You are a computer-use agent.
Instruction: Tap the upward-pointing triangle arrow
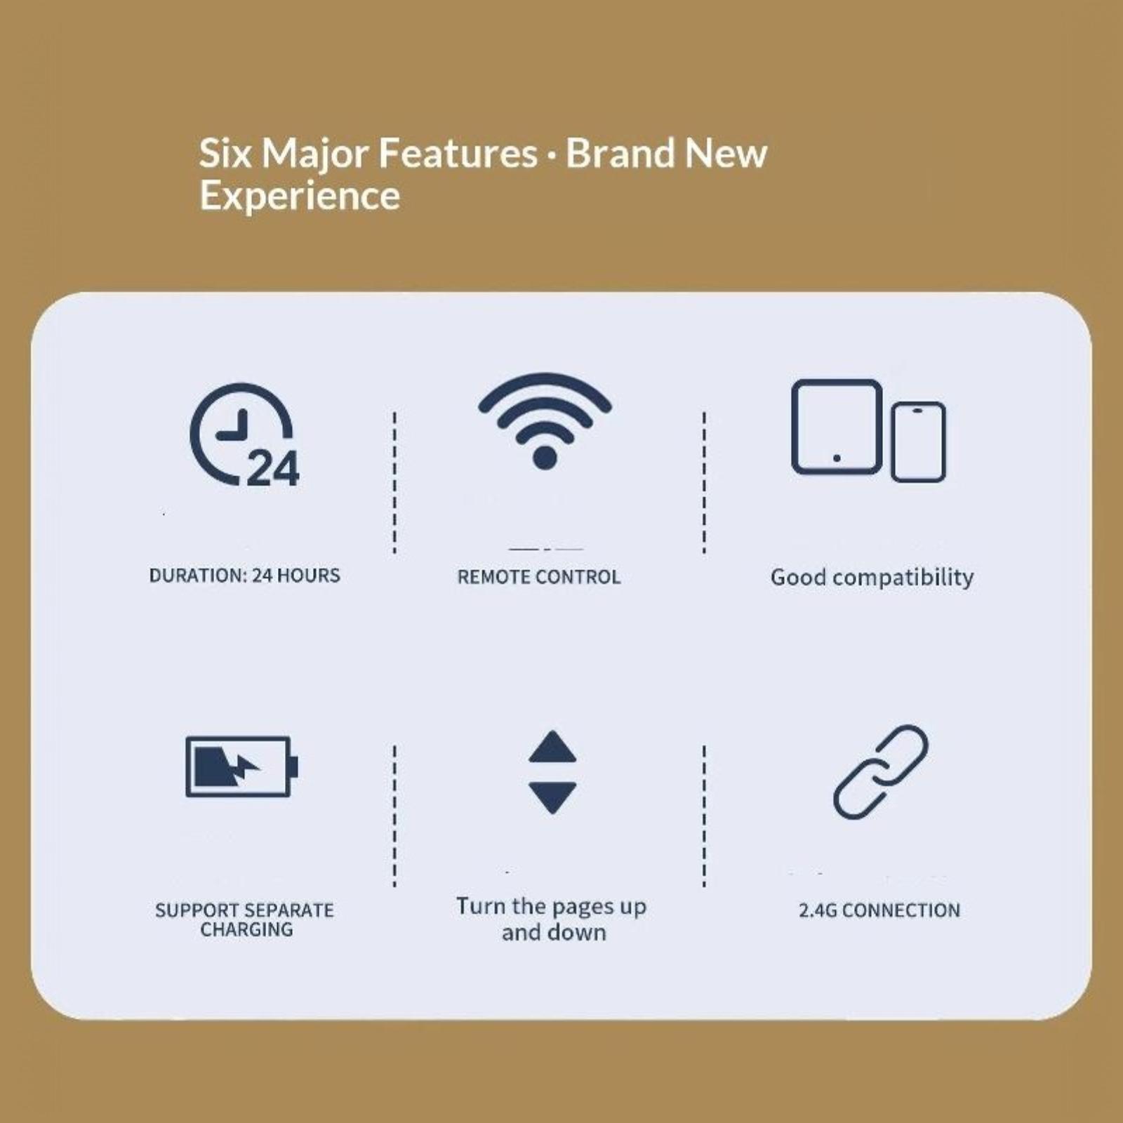(552, 747)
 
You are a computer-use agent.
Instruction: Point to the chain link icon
(881, 772)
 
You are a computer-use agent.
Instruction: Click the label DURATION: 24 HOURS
(245, 576)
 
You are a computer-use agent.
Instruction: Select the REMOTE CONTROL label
(539, 577)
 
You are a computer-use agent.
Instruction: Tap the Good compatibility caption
(872, 578)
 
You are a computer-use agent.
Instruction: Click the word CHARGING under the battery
(246, 929)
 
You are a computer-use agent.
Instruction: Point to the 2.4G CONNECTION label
(879, 910)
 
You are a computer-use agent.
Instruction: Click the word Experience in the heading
(300, 196)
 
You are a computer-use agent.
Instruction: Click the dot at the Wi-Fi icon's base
(545, 458)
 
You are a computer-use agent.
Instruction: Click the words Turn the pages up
(552, 907)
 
